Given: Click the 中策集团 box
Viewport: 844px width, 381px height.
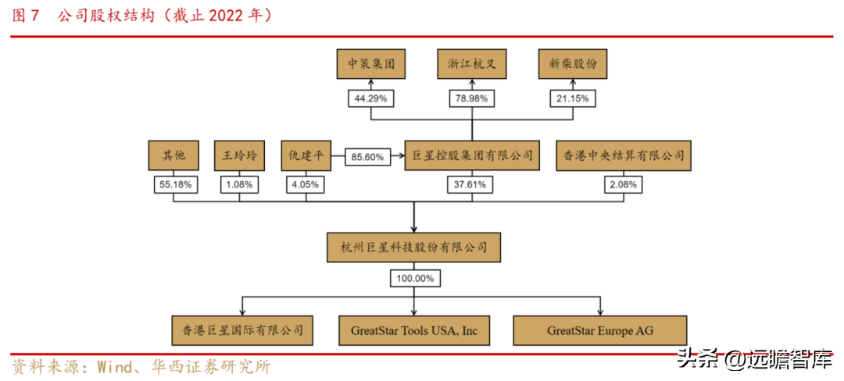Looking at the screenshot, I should [x=371, y=64].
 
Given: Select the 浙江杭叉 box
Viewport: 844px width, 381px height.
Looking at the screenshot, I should [x=472, y=64].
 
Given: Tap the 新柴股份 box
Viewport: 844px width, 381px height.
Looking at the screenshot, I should [x=573, y=64].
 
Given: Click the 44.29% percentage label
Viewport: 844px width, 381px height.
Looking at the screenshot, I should [x=371, y=99].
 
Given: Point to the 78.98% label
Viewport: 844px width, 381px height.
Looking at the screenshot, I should [x=472, y=99].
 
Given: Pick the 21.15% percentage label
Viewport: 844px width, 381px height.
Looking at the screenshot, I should [x=573, y=99].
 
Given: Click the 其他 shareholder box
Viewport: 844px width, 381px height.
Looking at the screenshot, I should [x=173, y=156].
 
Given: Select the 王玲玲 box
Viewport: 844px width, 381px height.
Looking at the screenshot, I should [x=239, y=156].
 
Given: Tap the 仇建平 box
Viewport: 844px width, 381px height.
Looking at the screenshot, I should [x=306, y=156].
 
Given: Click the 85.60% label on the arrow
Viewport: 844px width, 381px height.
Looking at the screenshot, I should [x=367, y=157].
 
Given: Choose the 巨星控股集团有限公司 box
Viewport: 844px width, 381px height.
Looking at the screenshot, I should [x=472, y=156].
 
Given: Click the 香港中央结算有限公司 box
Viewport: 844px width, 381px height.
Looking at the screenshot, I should [x=623, y=156].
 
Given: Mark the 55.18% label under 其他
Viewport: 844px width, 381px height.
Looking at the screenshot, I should [x=173, y=185].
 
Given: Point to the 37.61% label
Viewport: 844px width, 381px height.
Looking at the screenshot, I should [x=472, y=185].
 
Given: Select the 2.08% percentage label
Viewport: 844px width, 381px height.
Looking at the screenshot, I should [x=623, y=185].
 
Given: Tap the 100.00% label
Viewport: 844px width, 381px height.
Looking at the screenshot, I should [x=413, y=278].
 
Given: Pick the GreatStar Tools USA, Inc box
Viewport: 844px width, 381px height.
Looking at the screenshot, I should [x=413, y=330].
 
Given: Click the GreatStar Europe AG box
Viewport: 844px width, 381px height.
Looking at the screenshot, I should [x=600, y=330].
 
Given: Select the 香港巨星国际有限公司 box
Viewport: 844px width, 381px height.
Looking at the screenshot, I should [x=243, y=330].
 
